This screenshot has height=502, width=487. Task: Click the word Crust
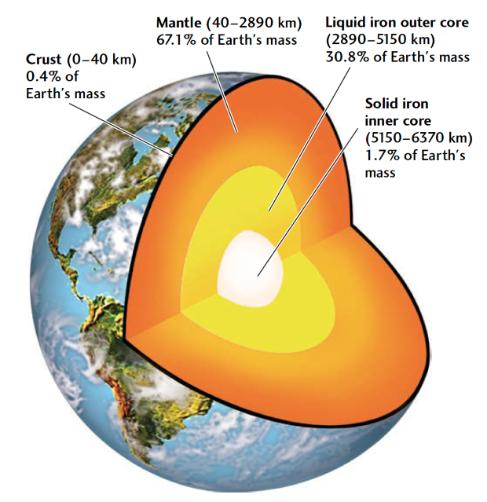(x=43, y=59)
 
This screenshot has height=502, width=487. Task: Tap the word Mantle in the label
(x=178, y=23)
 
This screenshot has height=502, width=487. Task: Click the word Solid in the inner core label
(x=380, y=104)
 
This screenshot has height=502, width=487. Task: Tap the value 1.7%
(x=383, y=156)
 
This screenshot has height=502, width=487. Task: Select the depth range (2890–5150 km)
(x=380, y=40)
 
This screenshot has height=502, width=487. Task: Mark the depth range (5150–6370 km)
(x=419, y=138)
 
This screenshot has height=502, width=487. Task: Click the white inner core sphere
(x=250, y=269)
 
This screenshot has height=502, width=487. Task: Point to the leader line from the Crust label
(x=121, y=129)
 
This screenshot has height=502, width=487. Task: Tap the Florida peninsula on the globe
(x=93, y=228)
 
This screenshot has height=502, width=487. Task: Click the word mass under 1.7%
(x=380, y=173)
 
